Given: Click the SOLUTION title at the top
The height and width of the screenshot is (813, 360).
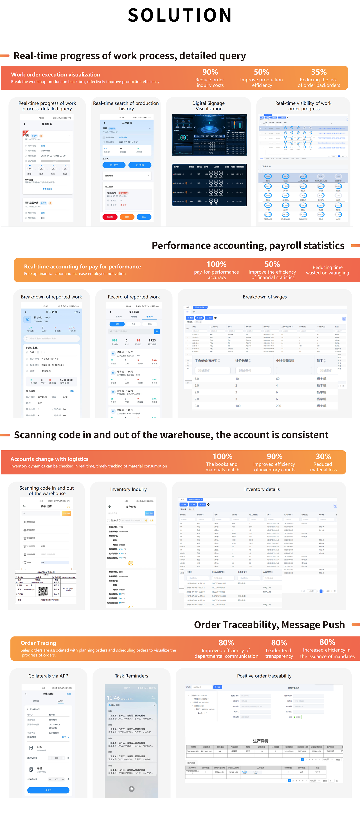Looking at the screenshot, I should (x=180, y=15).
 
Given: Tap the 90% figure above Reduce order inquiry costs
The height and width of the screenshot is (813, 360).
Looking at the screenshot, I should (x=210, y=72).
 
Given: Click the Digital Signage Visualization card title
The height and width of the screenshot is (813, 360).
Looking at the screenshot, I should (x=209, y=106).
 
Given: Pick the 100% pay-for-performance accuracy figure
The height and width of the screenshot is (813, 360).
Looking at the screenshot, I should (x=216, y=264).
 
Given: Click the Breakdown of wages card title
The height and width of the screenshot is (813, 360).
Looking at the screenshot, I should (x=265, y=297).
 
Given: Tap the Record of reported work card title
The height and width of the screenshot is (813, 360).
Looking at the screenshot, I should (x=134, y=297).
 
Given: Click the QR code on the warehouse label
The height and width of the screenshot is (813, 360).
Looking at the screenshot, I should (x=43, y=591).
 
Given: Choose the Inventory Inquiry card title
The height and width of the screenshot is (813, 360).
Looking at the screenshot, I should (x=128, y=489).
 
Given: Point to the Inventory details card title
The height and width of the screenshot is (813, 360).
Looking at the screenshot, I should (x=262, y=489).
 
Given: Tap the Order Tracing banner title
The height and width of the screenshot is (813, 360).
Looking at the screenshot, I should (x=39, y=643).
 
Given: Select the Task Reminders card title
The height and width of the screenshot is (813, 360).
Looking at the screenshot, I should (x=132, y=676).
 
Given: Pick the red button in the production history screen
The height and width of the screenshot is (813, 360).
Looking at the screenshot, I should (x=110, y=217).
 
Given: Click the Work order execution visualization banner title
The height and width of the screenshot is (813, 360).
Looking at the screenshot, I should (x=56, y=75).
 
